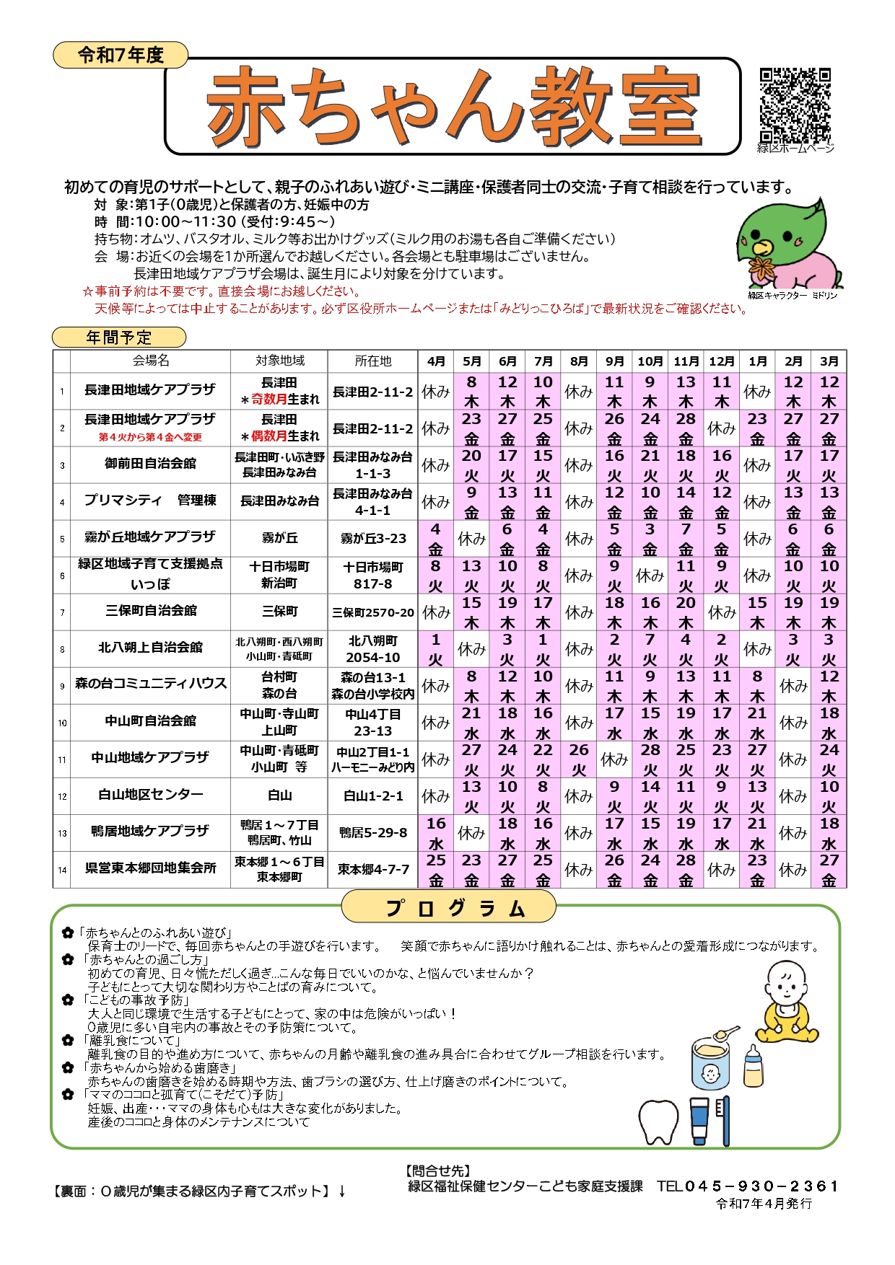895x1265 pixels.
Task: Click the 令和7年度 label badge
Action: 121,56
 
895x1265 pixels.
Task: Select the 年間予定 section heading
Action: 119,338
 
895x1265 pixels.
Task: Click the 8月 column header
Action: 579,361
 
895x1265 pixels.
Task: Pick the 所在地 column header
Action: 372,361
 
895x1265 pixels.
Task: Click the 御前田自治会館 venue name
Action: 150,464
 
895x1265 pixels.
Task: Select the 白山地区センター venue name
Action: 150,795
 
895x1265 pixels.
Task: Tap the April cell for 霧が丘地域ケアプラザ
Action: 435,539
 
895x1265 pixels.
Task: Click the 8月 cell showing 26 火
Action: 579,759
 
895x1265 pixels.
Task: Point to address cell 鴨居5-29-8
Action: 372,833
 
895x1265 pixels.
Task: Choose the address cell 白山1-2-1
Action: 372,796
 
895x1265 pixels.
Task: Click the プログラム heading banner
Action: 448,907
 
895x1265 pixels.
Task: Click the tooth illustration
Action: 658,1121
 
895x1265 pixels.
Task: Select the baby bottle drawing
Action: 753,1065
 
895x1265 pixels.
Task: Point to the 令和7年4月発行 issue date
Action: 764,1204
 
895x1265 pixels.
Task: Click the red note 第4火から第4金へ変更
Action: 150,437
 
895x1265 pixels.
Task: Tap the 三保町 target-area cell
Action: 279,612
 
